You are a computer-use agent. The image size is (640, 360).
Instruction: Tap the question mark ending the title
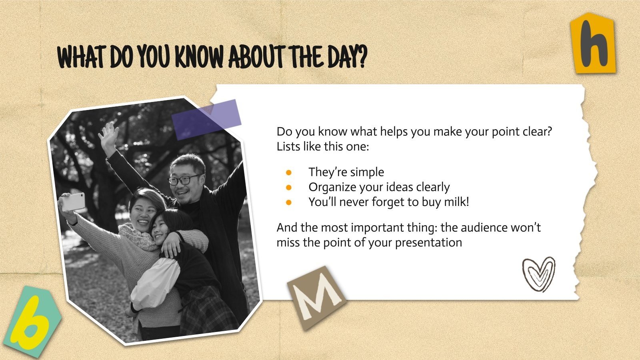[362, 57]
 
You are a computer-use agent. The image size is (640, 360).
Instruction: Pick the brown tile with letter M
[317, 298]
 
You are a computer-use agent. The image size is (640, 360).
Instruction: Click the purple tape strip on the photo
[206, 120]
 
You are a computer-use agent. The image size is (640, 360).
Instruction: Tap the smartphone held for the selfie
[74, 202]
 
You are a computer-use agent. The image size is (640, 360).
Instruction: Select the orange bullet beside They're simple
[288, 172]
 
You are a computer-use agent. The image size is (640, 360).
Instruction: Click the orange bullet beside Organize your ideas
[288, 188]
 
